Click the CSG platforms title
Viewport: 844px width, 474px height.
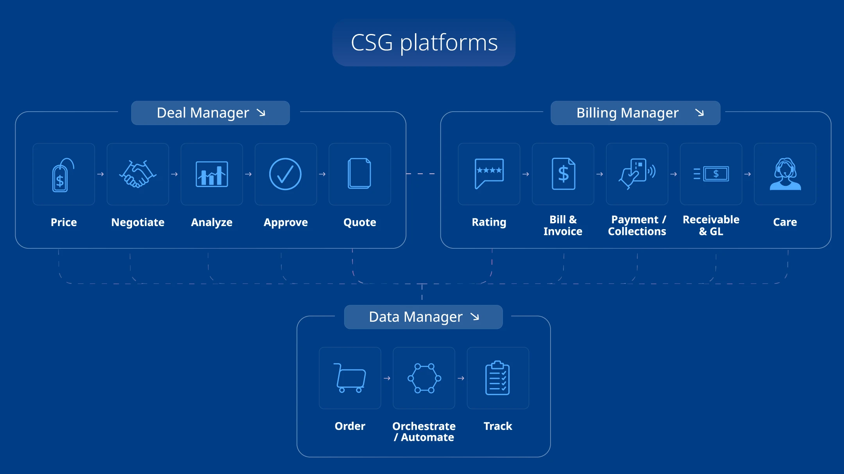[x=424, y=43]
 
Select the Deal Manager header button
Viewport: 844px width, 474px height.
[x=210, y=113]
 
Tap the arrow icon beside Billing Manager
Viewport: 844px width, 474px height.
[x=699, y=113]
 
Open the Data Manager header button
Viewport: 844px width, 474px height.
[x=423, y=317]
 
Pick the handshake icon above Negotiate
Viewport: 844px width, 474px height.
[x=138, y=174]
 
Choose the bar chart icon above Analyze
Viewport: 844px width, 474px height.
[x=212, y=174]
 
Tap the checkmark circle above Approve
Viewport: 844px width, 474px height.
[x=285, y=174]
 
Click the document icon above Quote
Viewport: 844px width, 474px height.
[x=359, y=173]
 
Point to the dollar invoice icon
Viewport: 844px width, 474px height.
[x=563, y=174]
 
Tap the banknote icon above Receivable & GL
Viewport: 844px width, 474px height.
[x=711, y=174]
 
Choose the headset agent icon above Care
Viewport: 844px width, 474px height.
[x=785, y=174]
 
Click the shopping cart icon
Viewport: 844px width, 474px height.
[x=350, y=378]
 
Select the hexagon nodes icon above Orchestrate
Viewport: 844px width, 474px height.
[x=424, y=378]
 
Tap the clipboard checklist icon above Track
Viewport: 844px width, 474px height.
[x=497, y=378]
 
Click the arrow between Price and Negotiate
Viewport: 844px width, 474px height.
[x=100, y=174]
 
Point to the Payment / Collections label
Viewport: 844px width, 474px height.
[x=637, y=226]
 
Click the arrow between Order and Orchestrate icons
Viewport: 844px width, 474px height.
[x=387, y=378]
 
